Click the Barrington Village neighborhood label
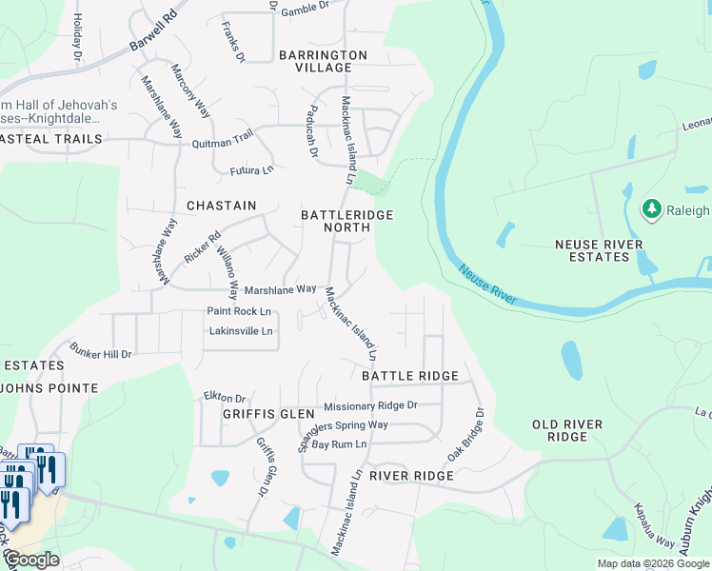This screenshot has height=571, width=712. pyautogui.click(x=323, y=62)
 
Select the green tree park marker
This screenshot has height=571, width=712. pyautogui.click(x=652, y=208)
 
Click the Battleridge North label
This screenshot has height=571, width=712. pyautogui.click(x=346, y=221)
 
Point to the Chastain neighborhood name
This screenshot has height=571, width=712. pyautogui.click(x=222, y=206)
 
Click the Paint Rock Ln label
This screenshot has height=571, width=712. pyautogui.click(x=239, y=311)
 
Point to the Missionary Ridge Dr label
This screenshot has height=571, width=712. pyautogui.click(x=370, y=405)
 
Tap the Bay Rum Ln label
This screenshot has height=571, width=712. pyautogui.click(x=340, y=444)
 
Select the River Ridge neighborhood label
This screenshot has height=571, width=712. pyautogui.click(x=411, y=475)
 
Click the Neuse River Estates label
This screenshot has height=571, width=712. pyautogui.click(x=599, y=250)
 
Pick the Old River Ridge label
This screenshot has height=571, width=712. pyautogui.click(x=573, y=429)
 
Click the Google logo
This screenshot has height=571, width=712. pyautogui.click(x=31, y=560)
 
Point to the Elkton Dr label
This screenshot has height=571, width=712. pyautogui.click(x=225, y=398)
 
